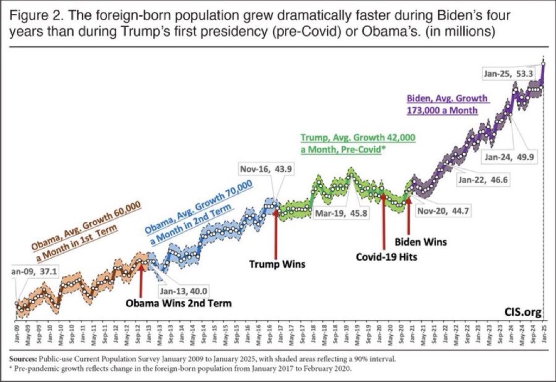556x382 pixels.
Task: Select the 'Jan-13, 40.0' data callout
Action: coord(183,291)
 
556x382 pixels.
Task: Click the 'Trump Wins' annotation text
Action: coord(278,264)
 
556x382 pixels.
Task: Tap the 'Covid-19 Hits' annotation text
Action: coord(386,256)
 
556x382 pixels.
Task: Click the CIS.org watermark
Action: coord(523,313)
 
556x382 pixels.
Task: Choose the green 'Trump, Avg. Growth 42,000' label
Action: coord(358,138)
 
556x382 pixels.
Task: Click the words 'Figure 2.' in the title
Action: coord(38,17)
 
